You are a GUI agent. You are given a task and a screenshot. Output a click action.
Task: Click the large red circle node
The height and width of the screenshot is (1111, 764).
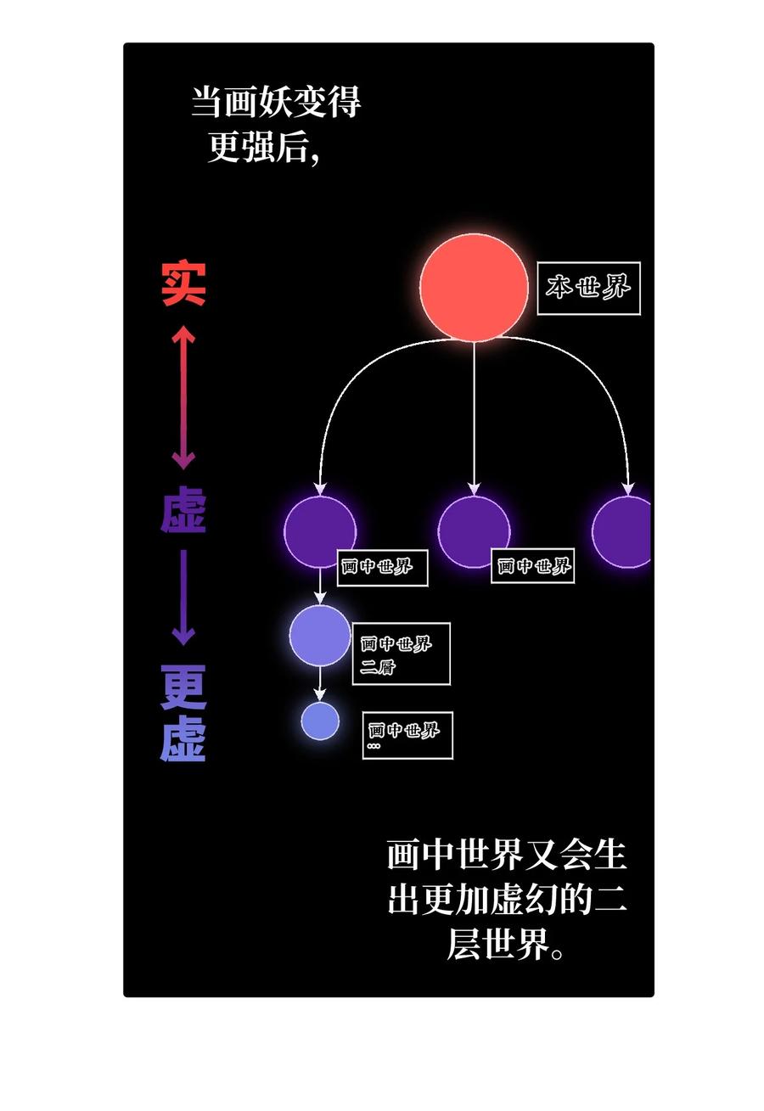[474, 288]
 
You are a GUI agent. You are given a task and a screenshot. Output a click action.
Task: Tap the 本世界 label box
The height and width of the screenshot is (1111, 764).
[589, 289]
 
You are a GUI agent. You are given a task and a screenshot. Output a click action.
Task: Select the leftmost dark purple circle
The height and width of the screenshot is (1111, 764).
[320, 531]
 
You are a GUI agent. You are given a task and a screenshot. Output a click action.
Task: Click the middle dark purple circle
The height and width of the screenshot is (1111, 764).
[474, 531]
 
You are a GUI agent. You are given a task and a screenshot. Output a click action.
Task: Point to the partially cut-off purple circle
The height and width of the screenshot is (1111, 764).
[621, 531]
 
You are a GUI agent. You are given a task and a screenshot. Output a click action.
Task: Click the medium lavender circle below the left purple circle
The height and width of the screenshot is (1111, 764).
[320, 636]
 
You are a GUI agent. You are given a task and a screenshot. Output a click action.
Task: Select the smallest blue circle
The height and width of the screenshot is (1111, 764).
[320, 721]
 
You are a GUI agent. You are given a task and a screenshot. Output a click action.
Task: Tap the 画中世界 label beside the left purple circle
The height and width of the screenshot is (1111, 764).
[382, 568]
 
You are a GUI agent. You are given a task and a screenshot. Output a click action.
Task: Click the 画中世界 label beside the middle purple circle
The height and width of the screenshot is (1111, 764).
[533, 566]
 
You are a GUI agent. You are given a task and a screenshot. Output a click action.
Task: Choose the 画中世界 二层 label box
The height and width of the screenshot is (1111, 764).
[402, 654]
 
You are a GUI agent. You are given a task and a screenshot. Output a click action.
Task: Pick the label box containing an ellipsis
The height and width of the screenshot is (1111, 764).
[407, 736]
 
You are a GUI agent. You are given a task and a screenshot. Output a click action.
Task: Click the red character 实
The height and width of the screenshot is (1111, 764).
[183, 283]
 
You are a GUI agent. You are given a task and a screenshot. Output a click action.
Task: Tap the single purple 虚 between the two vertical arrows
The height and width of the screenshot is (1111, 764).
[183, 509]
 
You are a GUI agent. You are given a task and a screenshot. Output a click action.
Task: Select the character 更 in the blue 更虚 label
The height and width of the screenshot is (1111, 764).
[183, 687]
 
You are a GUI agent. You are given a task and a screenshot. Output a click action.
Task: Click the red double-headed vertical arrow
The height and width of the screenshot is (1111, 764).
[183, 397]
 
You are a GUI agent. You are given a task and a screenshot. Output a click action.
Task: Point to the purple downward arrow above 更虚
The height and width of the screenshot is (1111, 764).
[183, 598]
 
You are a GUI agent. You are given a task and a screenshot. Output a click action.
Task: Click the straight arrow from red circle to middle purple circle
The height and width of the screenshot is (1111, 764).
[474, 417]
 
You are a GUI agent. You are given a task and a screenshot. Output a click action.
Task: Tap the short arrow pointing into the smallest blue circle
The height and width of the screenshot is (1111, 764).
[320, 683]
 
